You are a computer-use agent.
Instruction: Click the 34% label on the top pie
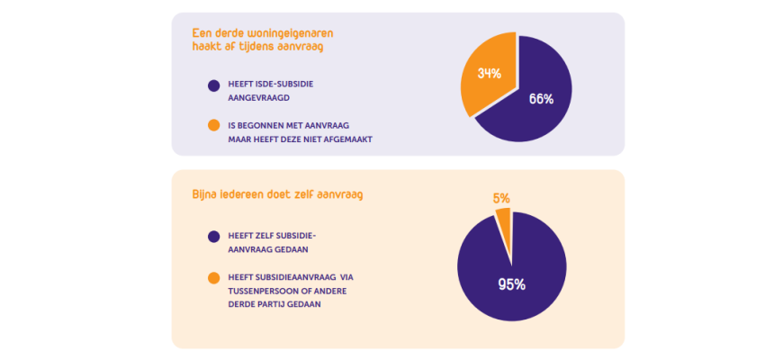[490, 73]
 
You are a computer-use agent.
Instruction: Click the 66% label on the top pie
[541, 99]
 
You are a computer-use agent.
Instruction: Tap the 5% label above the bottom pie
[501, 197]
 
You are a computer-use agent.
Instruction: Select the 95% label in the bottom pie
[511, 284]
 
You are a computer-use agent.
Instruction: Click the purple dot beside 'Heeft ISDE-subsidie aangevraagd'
[213, 86]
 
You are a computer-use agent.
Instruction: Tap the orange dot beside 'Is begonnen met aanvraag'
[213, 125]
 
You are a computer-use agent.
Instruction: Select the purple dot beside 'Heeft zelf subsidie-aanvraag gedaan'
[213, 237]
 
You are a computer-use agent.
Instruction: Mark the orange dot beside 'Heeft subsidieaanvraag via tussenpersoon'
[213, 278]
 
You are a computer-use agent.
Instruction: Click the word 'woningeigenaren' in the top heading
[274, 33]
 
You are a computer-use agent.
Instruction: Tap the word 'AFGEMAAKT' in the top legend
[347, 139]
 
